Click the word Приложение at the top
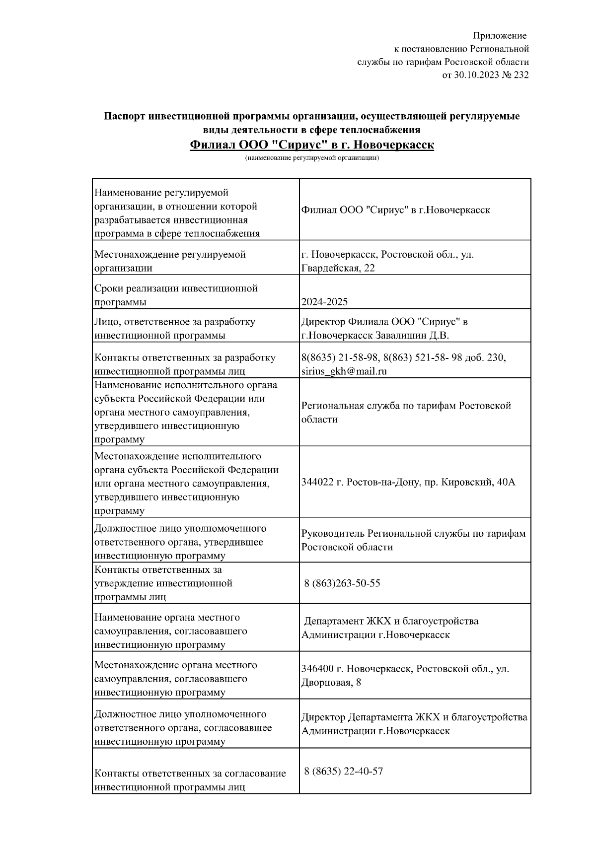tap(499, 36)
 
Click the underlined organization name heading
tap(312, 145)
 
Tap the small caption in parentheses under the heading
tap(312, 158)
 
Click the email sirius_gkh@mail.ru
tap(344, 371)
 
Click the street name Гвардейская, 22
tap(338, 268)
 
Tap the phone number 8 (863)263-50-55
tap(342, 583)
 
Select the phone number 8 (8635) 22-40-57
tap(343, 771)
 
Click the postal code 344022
tap(317, 482)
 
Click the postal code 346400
tap(317, 669)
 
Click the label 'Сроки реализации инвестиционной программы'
tap(176, 295)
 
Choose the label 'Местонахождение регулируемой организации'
tap(170, 261)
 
